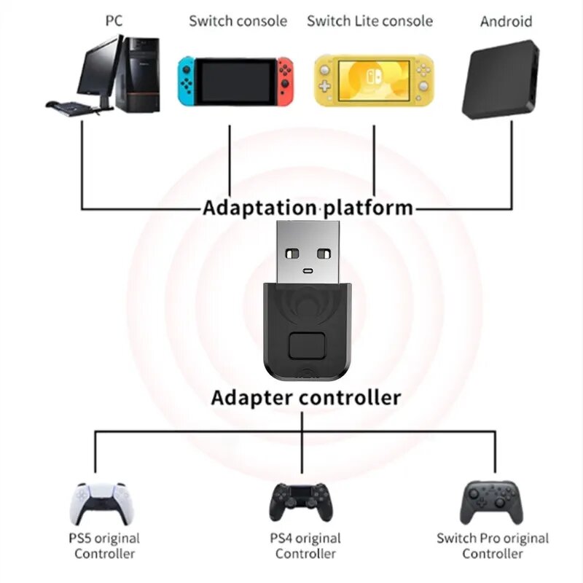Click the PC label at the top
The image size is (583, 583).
click(113, 20)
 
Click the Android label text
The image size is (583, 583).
click(506, 20)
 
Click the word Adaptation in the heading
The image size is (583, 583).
click(259, 208)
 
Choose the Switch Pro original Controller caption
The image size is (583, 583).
click(493, 546)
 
